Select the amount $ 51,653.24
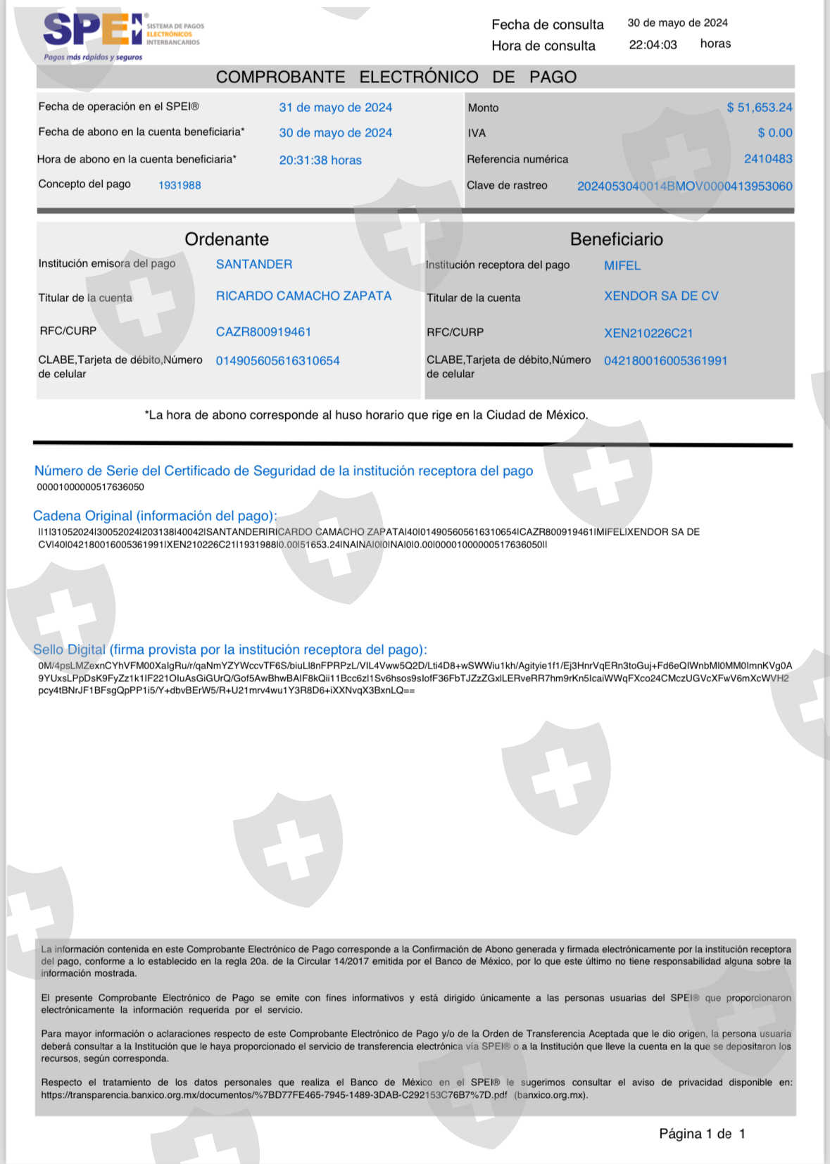759,108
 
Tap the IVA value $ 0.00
774,133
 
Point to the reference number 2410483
767,159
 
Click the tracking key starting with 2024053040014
684,186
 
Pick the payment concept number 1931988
180,185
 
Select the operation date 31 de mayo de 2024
335,108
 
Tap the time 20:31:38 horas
320,160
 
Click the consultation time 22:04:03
653,45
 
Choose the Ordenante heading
227,239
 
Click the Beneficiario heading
616,239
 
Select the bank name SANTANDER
254,265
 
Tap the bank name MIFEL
622,266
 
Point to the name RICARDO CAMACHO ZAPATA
303,296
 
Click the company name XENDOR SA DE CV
661,296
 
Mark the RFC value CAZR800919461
263,332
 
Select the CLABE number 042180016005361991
665,361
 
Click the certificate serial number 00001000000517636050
90,487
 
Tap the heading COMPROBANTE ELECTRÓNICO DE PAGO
396,77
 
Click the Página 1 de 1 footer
701,1134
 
